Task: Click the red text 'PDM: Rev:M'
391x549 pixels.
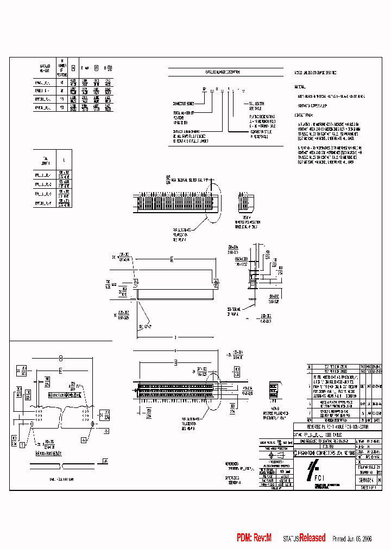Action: [x=254, y=538]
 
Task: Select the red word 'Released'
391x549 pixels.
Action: [x=312, y=538]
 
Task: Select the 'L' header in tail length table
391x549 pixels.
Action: [x=65, y=161]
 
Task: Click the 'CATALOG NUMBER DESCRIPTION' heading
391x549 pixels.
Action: [x=222, y=72]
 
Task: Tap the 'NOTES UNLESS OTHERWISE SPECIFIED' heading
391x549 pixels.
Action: [x=316, y=72]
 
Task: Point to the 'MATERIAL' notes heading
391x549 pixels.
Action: [x=300, y=86]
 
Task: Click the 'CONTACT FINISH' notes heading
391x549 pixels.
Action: [x=304, y=116]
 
